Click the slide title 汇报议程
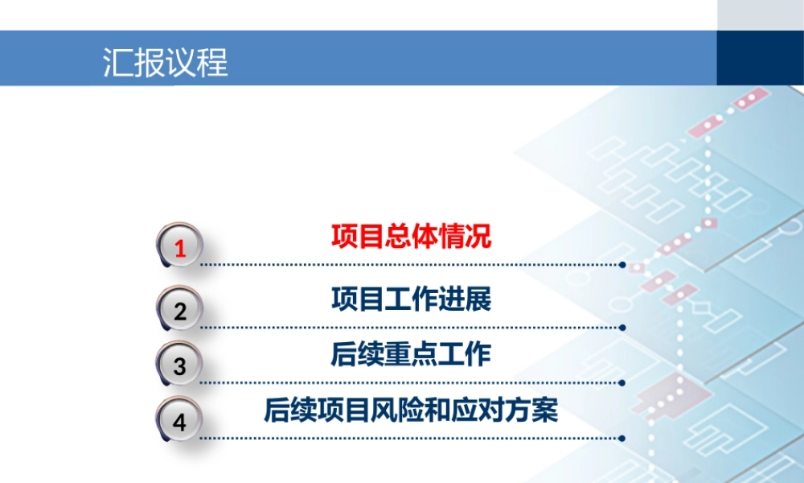[166, 62]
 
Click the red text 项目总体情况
[411, 237]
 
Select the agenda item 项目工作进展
[411, 299]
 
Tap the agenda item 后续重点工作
[411, 355]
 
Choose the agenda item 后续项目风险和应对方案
[411, 411]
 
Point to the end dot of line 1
[623, 264]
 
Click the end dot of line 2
[623, 328]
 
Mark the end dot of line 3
[623, 383]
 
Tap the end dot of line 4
[623, 439]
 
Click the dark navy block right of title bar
[760, 58]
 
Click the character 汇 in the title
[118, 62]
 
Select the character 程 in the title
[213, 62]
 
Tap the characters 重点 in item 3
[411, 355]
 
